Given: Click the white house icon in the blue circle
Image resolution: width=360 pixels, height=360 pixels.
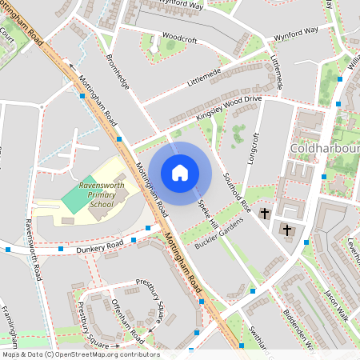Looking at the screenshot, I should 180,172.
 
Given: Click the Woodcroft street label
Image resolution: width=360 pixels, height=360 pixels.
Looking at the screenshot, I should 178,37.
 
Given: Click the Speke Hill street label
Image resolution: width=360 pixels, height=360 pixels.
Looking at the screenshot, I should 209,215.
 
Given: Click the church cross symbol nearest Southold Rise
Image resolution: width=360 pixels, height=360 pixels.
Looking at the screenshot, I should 265,212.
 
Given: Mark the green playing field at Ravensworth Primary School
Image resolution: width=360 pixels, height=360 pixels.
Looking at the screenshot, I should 77,197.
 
